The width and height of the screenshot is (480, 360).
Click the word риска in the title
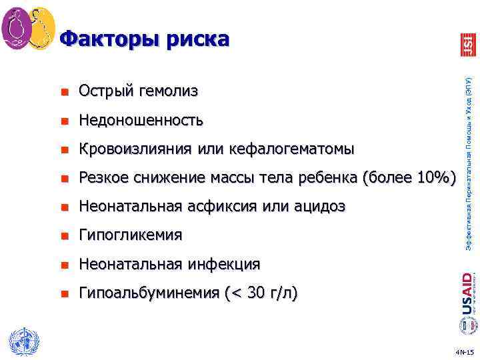(197, 39)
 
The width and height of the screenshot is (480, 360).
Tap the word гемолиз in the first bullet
(169, 91)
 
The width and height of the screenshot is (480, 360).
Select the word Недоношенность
(141, 120)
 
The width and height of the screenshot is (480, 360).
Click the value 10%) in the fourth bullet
(434, 177)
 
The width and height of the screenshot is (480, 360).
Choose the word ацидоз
(318, 207)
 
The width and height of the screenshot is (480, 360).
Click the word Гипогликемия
(129, 235)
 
